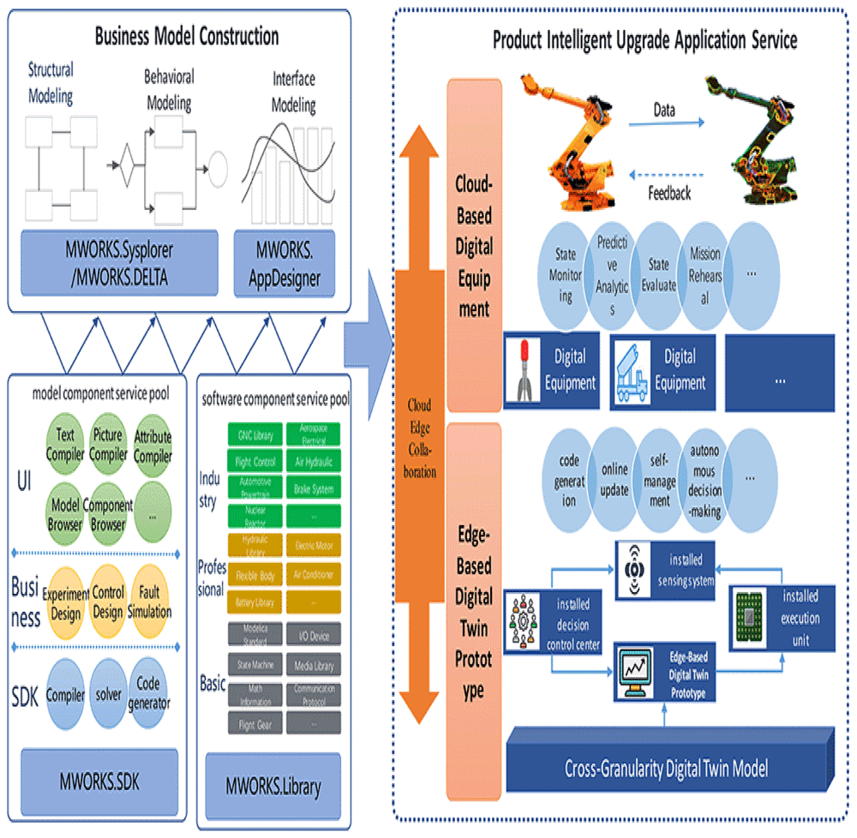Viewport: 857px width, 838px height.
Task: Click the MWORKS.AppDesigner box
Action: tap(284, 265)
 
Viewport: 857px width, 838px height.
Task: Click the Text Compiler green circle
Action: tap(65, 444)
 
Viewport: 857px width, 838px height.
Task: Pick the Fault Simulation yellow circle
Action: tap(154, 603)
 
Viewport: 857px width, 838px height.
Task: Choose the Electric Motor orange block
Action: tap(313, 545)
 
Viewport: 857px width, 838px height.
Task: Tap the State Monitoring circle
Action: tap(566, 275)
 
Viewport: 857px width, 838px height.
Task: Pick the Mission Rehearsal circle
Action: tap(705, 275)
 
